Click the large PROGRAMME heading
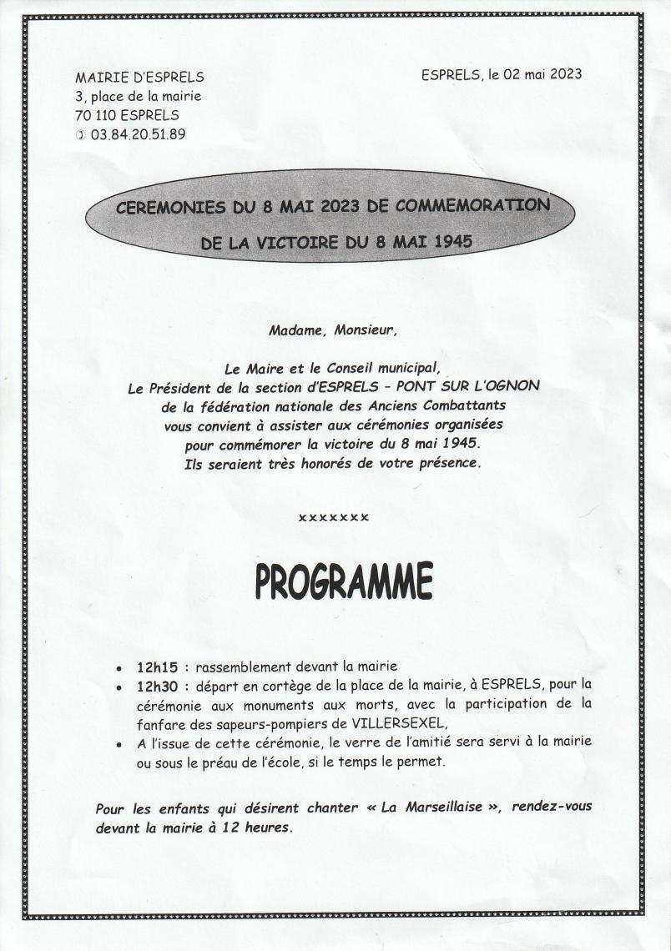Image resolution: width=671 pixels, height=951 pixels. (344, 581)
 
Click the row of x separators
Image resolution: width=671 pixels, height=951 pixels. (334, 518)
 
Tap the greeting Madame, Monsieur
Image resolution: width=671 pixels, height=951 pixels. (333, 330)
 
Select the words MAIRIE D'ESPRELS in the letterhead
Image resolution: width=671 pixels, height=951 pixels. (139, 77)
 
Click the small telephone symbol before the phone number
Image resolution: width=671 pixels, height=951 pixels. (80, 133)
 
